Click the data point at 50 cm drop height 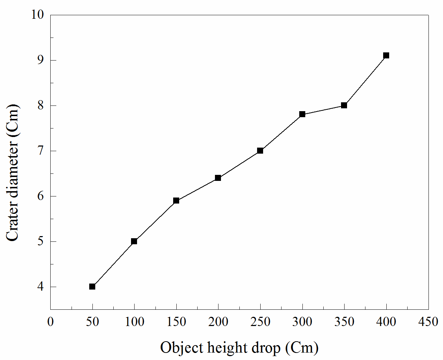(x=92, y=286)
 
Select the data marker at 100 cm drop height (x=134, y=241)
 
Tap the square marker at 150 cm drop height (x=176, y=201)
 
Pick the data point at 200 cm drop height (x=218, y=178)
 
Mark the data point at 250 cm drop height (x=260, y=150)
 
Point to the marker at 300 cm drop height (x=302, y=114)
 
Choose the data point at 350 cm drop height (x=344, y=105)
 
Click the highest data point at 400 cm (x=386, y=55)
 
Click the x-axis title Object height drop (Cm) (x=239, y=348)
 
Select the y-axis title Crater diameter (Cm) (x=13, y=173)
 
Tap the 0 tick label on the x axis (x=51, y=322)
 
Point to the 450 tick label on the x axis (x=428, y=322)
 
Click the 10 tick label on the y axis (x=38, y=15)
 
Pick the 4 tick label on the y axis (x=41, y=286)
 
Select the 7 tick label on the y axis (x=41, y=151)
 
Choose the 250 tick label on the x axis (x=260, y=322)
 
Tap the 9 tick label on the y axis (x=41, y=60)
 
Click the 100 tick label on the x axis (x=134, y=322)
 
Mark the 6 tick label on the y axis (x=41, y=196)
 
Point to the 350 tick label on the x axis (x=344, y=322)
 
